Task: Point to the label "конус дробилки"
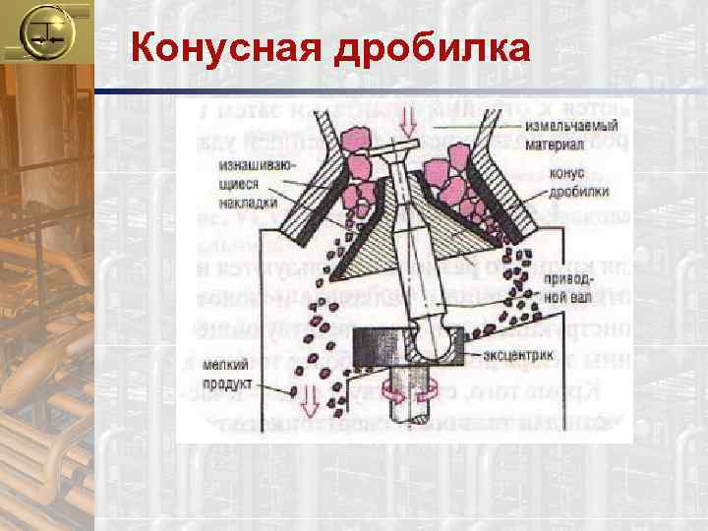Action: (561, 185)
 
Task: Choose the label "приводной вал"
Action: (560, 287)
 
